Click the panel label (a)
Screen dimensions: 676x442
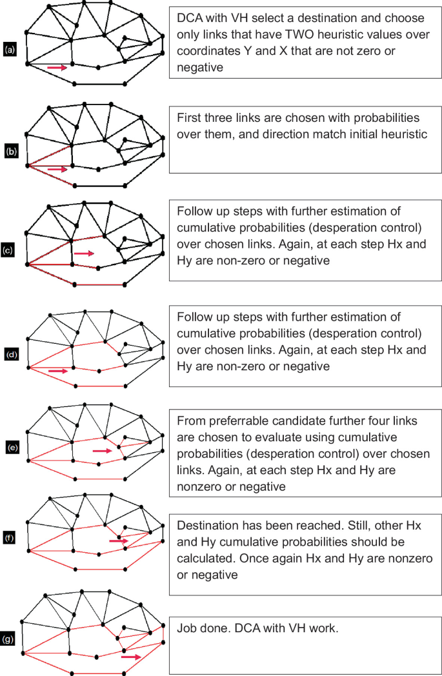10,49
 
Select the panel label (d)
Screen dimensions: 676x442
10,354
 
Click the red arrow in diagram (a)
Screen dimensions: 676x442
57,66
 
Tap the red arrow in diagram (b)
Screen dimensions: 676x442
57,169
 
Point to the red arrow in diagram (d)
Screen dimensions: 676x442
57,371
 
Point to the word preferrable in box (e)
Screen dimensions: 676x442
234,421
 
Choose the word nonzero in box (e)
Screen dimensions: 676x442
196,486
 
